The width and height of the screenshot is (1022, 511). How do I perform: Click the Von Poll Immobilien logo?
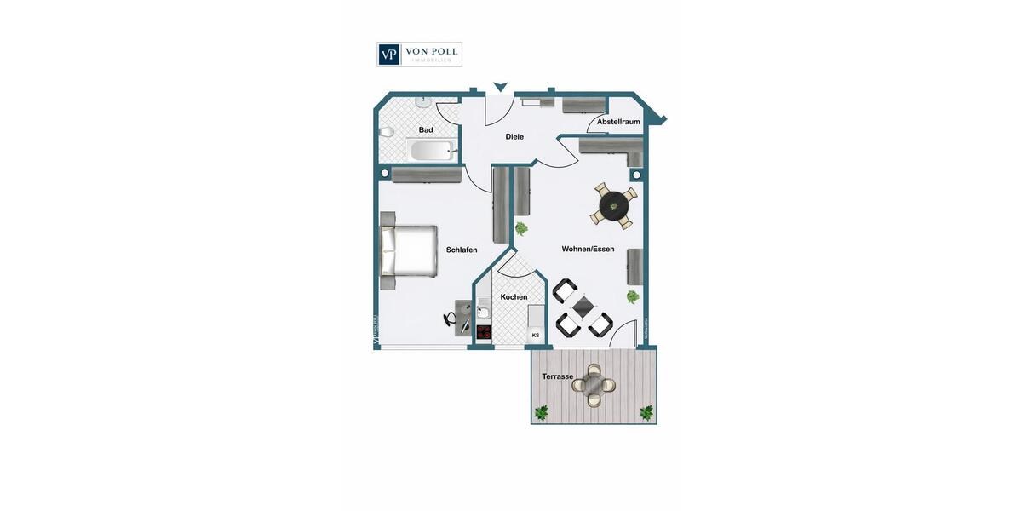(x=419, y=55)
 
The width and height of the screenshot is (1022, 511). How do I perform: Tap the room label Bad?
(x=426, y=130)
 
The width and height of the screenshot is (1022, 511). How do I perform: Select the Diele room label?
(x=514, y=136)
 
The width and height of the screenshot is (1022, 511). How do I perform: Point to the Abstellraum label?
(x=618, y=122)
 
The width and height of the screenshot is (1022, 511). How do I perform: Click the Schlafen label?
(x=462, y=250)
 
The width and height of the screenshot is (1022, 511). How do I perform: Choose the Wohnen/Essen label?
(x=588, y=249)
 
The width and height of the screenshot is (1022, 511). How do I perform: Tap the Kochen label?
(x=514, y=297)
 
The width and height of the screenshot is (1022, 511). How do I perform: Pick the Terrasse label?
(x=557, y=376)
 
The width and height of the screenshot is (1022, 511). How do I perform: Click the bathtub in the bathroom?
(x=431, y=152)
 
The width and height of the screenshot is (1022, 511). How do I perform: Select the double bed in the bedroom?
(x=409, y=251)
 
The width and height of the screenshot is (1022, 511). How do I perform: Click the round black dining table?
(x=613, y=205)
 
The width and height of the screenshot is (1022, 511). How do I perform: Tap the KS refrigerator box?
(x=536, y=336)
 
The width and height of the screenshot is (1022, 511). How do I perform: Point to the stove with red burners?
(x=484, y=332)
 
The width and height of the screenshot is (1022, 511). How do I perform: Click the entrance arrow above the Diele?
(x=501, y=85)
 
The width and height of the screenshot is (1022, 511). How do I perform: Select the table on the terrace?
(x=593, y=384)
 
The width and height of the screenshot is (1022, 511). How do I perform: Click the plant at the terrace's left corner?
(x=541, y=413)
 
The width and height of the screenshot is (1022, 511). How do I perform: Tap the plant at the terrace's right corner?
(x=646, y=413)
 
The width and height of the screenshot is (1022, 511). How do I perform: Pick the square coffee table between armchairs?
(x=583, y=307)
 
